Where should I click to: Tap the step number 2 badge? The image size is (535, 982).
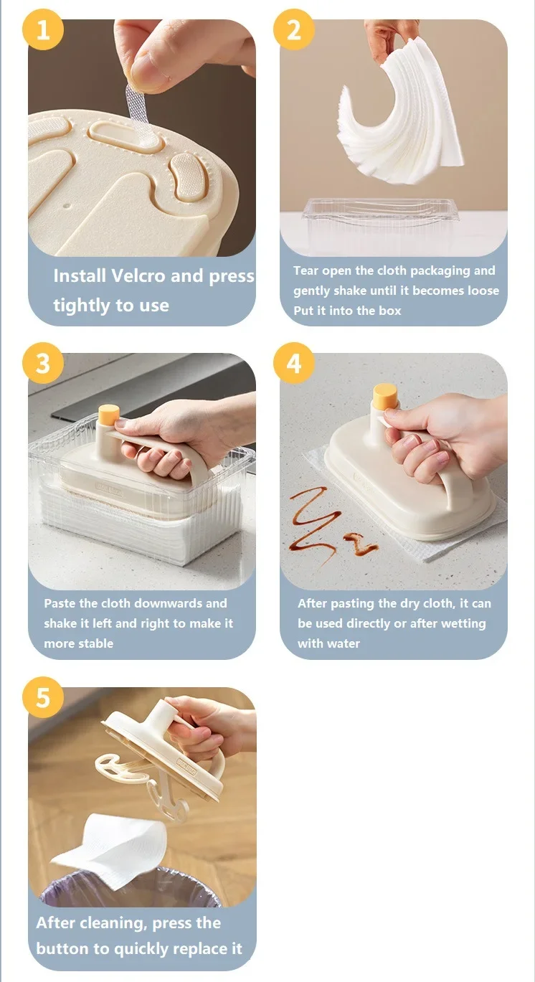[294, 29]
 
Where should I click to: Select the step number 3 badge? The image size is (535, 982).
[43, 363]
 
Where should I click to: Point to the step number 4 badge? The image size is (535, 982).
[294, 363]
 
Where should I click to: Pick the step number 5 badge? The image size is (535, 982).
[43, 697]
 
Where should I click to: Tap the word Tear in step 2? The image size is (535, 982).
[306, 270]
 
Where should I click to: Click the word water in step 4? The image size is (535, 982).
[344, 643]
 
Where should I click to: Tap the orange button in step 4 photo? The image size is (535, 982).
[385, 394]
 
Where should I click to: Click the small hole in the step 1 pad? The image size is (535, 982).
[67, 204]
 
